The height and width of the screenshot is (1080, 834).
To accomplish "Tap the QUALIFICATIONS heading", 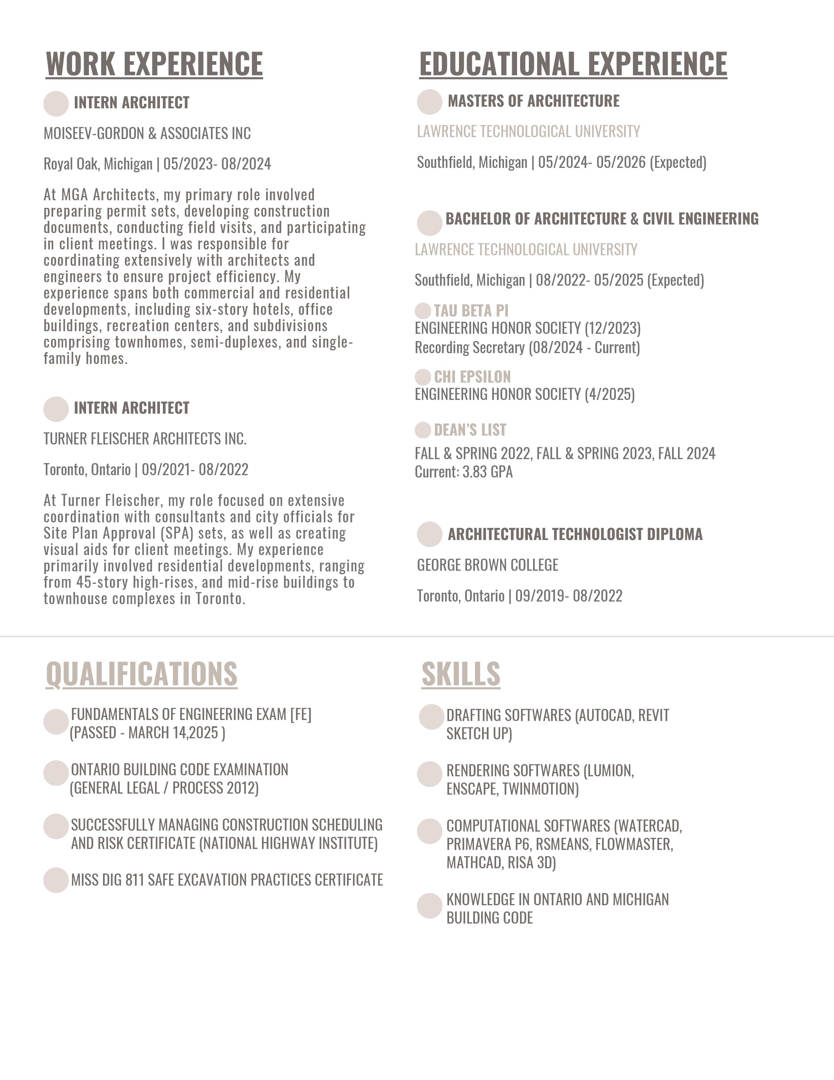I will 142,674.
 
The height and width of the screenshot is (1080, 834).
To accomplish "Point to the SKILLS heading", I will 461,674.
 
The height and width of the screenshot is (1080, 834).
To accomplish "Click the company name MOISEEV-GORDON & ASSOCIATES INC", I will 147,134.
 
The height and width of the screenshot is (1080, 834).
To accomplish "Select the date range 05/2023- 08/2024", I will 217,164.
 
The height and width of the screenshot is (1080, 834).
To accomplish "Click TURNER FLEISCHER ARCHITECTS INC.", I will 145,439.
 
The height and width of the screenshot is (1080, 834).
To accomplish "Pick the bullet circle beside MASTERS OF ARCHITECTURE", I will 429,102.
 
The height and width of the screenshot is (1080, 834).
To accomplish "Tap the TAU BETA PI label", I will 471,311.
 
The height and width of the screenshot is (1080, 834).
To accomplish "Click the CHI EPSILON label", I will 472,377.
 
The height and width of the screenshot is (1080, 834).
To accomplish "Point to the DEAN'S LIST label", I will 470,430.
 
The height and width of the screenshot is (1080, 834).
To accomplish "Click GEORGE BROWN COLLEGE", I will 488,565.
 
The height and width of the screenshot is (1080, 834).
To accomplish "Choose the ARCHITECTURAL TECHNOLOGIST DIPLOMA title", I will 575,534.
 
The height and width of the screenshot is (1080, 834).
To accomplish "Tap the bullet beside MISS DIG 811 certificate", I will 56,880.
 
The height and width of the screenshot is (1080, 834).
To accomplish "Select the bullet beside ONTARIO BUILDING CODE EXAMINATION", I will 56,773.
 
